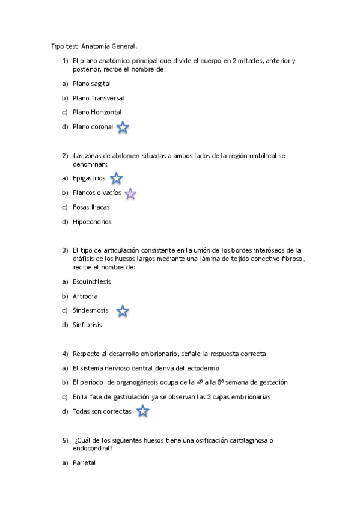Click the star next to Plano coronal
123,127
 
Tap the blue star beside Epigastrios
117,178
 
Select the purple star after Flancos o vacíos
130,193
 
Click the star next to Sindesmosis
123,311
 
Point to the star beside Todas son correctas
142,411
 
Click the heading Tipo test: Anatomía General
94,46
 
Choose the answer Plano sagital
91,84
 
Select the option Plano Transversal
98,98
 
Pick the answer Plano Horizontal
97,112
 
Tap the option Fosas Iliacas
91,207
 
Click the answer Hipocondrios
92,222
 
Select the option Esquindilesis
92,281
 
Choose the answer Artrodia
85,296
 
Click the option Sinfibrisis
87,325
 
